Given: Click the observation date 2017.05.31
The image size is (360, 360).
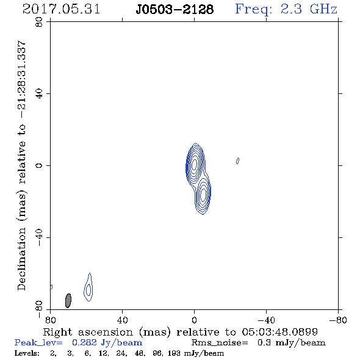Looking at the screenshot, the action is (x=62, y=9).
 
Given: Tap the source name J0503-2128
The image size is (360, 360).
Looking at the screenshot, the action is (x=175, y=9).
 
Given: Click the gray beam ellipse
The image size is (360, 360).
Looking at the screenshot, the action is (x=68, y=301).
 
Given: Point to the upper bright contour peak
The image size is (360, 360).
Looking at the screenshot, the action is (x=195, y=164).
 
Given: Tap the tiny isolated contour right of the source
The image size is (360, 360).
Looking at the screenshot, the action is (x=237, y=160).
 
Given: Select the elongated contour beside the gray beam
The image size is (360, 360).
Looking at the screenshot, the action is (x=88, y=287).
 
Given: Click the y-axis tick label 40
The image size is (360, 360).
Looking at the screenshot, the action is (x=39, y=94).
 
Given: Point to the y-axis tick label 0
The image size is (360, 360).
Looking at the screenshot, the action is (x=39, y=165).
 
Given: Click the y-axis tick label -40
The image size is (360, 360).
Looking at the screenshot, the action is (x=39, y=237).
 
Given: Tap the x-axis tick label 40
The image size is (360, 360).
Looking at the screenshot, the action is (x=122, y=320).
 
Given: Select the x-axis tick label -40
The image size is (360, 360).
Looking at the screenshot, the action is (x=266, y=320).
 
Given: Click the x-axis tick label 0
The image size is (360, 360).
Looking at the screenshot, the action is (x=194, y=320).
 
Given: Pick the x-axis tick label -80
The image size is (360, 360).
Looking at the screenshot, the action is (x=338, y=320).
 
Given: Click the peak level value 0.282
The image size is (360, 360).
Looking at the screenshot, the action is (x=84, y=342).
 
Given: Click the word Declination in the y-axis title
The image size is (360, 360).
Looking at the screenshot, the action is (x=21, y=259).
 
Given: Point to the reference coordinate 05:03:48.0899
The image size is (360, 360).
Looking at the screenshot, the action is (x=280, y=332).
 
